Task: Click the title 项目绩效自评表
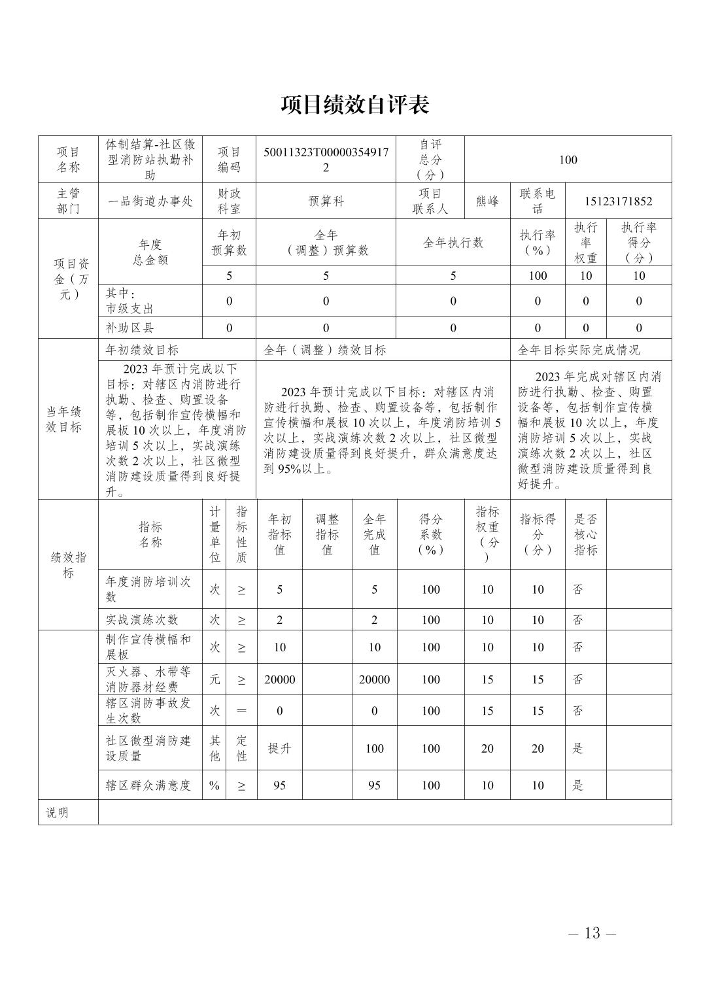point(354,105)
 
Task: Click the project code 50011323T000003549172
point(326,160)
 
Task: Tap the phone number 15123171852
point(619,201)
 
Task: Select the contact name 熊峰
point(487,201)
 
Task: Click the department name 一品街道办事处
point(150,201)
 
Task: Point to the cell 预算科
point(326,201)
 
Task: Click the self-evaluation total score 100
point(568,160)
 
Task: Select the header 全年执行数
point(453,243)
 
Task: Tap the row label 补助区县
point(130,328)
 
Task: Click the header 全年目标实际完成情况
point(579,350)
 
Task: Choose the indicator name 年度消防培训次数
point(149,589)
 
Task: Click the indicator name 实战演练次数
point(142,619)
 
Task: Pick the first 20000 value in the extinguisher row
point(279,679)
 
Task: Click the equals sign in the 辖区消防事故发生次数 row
point(241,710)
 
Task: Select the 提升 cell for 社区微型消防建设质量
point(279,748)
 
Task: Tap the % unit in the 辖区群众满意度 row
point(214,785)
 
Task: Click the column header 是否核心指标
point(585,534)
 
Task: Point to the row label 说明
point(57,813)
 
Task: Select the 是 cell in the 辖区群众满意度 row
point(578,785)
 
